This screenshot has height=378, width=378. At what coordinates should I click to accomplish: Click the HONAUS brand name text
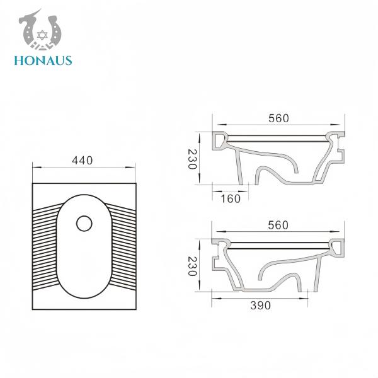42,60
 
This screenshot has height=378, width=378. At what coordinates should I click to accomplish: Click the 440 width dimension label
83,160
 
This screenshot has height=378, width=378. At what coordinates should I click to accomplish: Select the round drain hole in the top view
83,222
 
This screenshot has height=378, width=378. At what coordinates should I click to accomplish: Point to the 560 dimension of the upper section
278,117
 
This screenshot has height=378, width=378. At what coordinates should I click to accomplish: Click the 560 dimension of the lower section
278,225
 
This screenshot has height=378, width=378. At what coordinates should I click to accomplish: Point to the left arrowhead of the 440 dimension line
34,168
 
